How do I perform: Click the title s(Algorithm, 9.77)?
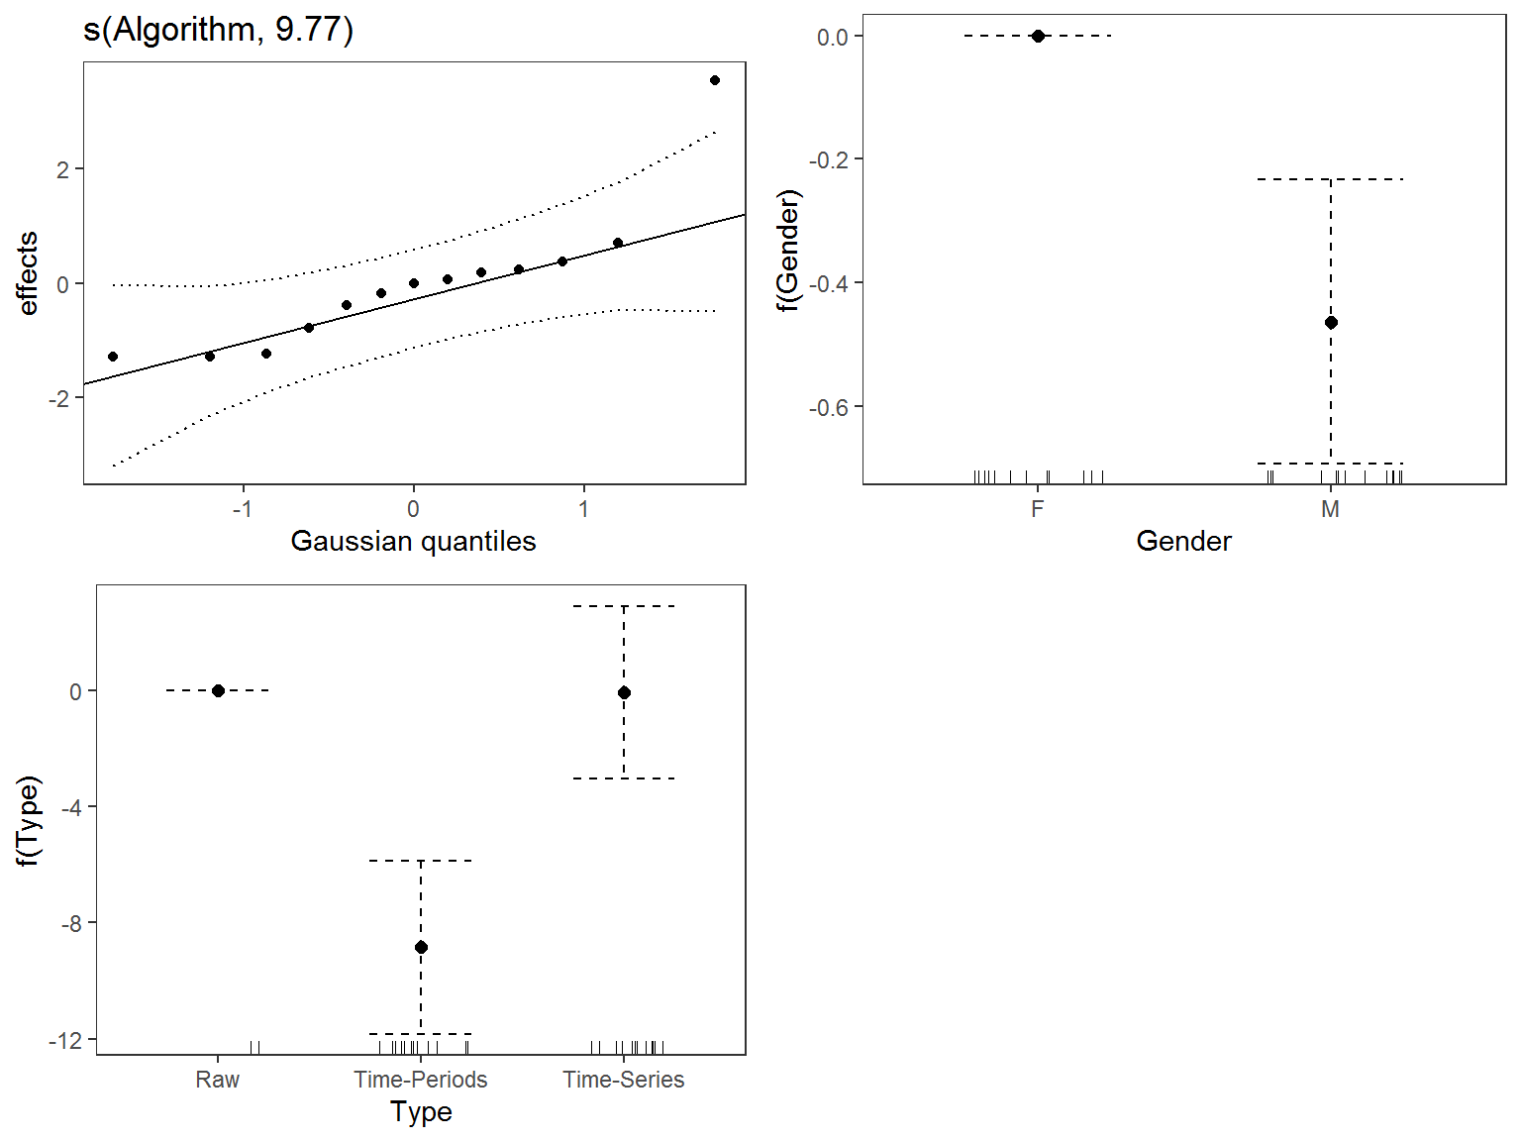click(x=218, y=30)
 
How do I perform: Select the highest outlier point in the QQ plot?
click(x=715, y=80)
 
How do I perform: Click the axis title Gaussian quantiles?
click(x=413, y=541)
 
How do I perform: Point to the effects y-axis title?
click(x=28, y=273)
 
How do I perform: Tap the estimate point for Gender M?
click(x=1331, y=322)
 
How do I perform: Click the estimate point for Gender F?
click(x=1038, y=36)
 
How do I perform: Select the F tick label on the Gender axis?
click(x=1038, y=509)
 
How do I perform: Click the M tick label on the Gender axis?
click(x=1331, y=509)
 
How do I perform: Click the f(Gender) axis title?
click(x=788, y=251)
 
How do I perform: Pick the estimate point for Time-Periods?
click(x=421, y=947)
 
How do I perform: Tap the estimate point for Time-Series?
click(x=624, y=692)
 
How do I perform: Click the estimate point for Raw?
click(x=218, y=690)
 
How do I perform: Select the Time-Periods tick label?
click(x=421, y=1080)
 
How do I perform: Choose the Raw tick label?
click(x=218, y=1080)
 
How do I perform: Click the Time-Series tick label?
click(x=624, y=1080)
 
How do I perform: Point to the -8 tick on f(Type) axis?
click(x=71, y=924)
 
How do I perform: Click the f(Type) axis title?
click(x=30, y=821)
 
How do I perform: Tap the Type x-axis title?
click(x=421, y=1112)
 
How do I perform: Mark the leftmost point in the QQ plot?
click(x=113, y=357)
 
